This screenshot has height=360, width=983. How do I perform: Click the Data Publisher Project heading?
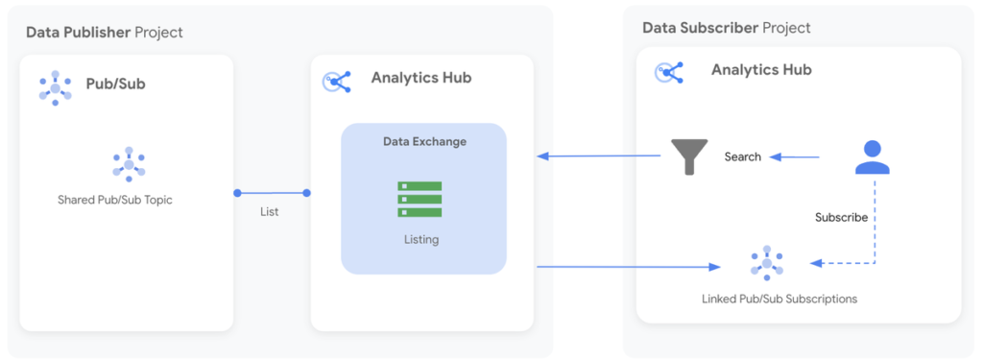pyautogui.click(x=105, y=33)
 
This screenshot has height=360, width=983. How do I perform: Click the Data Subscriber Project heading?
pyautogui.click(x=727, y=28)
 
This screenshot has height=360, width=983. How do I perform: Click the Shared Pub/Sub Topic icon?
pyautogui.click(x=128, y=165)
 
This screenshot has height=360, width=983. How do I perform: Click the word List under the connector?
pyautogui.click(x=270, y=211)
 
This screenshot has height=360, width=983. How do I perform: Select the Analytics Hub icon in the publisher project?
pyautogui.click(x=337, y=82)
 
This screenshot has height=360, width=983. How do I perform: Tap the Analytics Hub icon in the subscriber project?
pyautogui.click(x=668, y=73)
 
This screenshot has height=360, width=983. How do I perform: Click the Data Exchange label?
pyautogui.click(x=424, y=142)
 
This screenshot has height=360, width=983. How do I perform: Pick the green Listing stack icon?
pyautogui.click(x=420, y=199)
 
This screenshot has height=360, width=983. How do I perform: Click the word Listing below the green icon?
pyautogui.click(x=421, y=240)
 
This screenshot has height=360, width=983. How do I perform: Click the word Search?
pyautogui.click(x=743, y=156)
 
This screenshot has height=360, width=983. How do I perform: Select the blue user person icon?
pyautogui.click(x=872, y=156)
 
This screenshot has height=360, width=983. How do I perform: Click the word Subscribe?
pyautogui.click(x=841, y=218)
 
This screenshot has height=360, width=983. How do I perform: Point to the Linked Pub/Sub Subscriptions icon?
pyautogui.click(x=766, y=262)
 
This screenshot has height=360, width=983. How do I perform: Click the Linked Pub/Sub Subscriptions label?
pyautogui.click(x=779, y=300)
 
